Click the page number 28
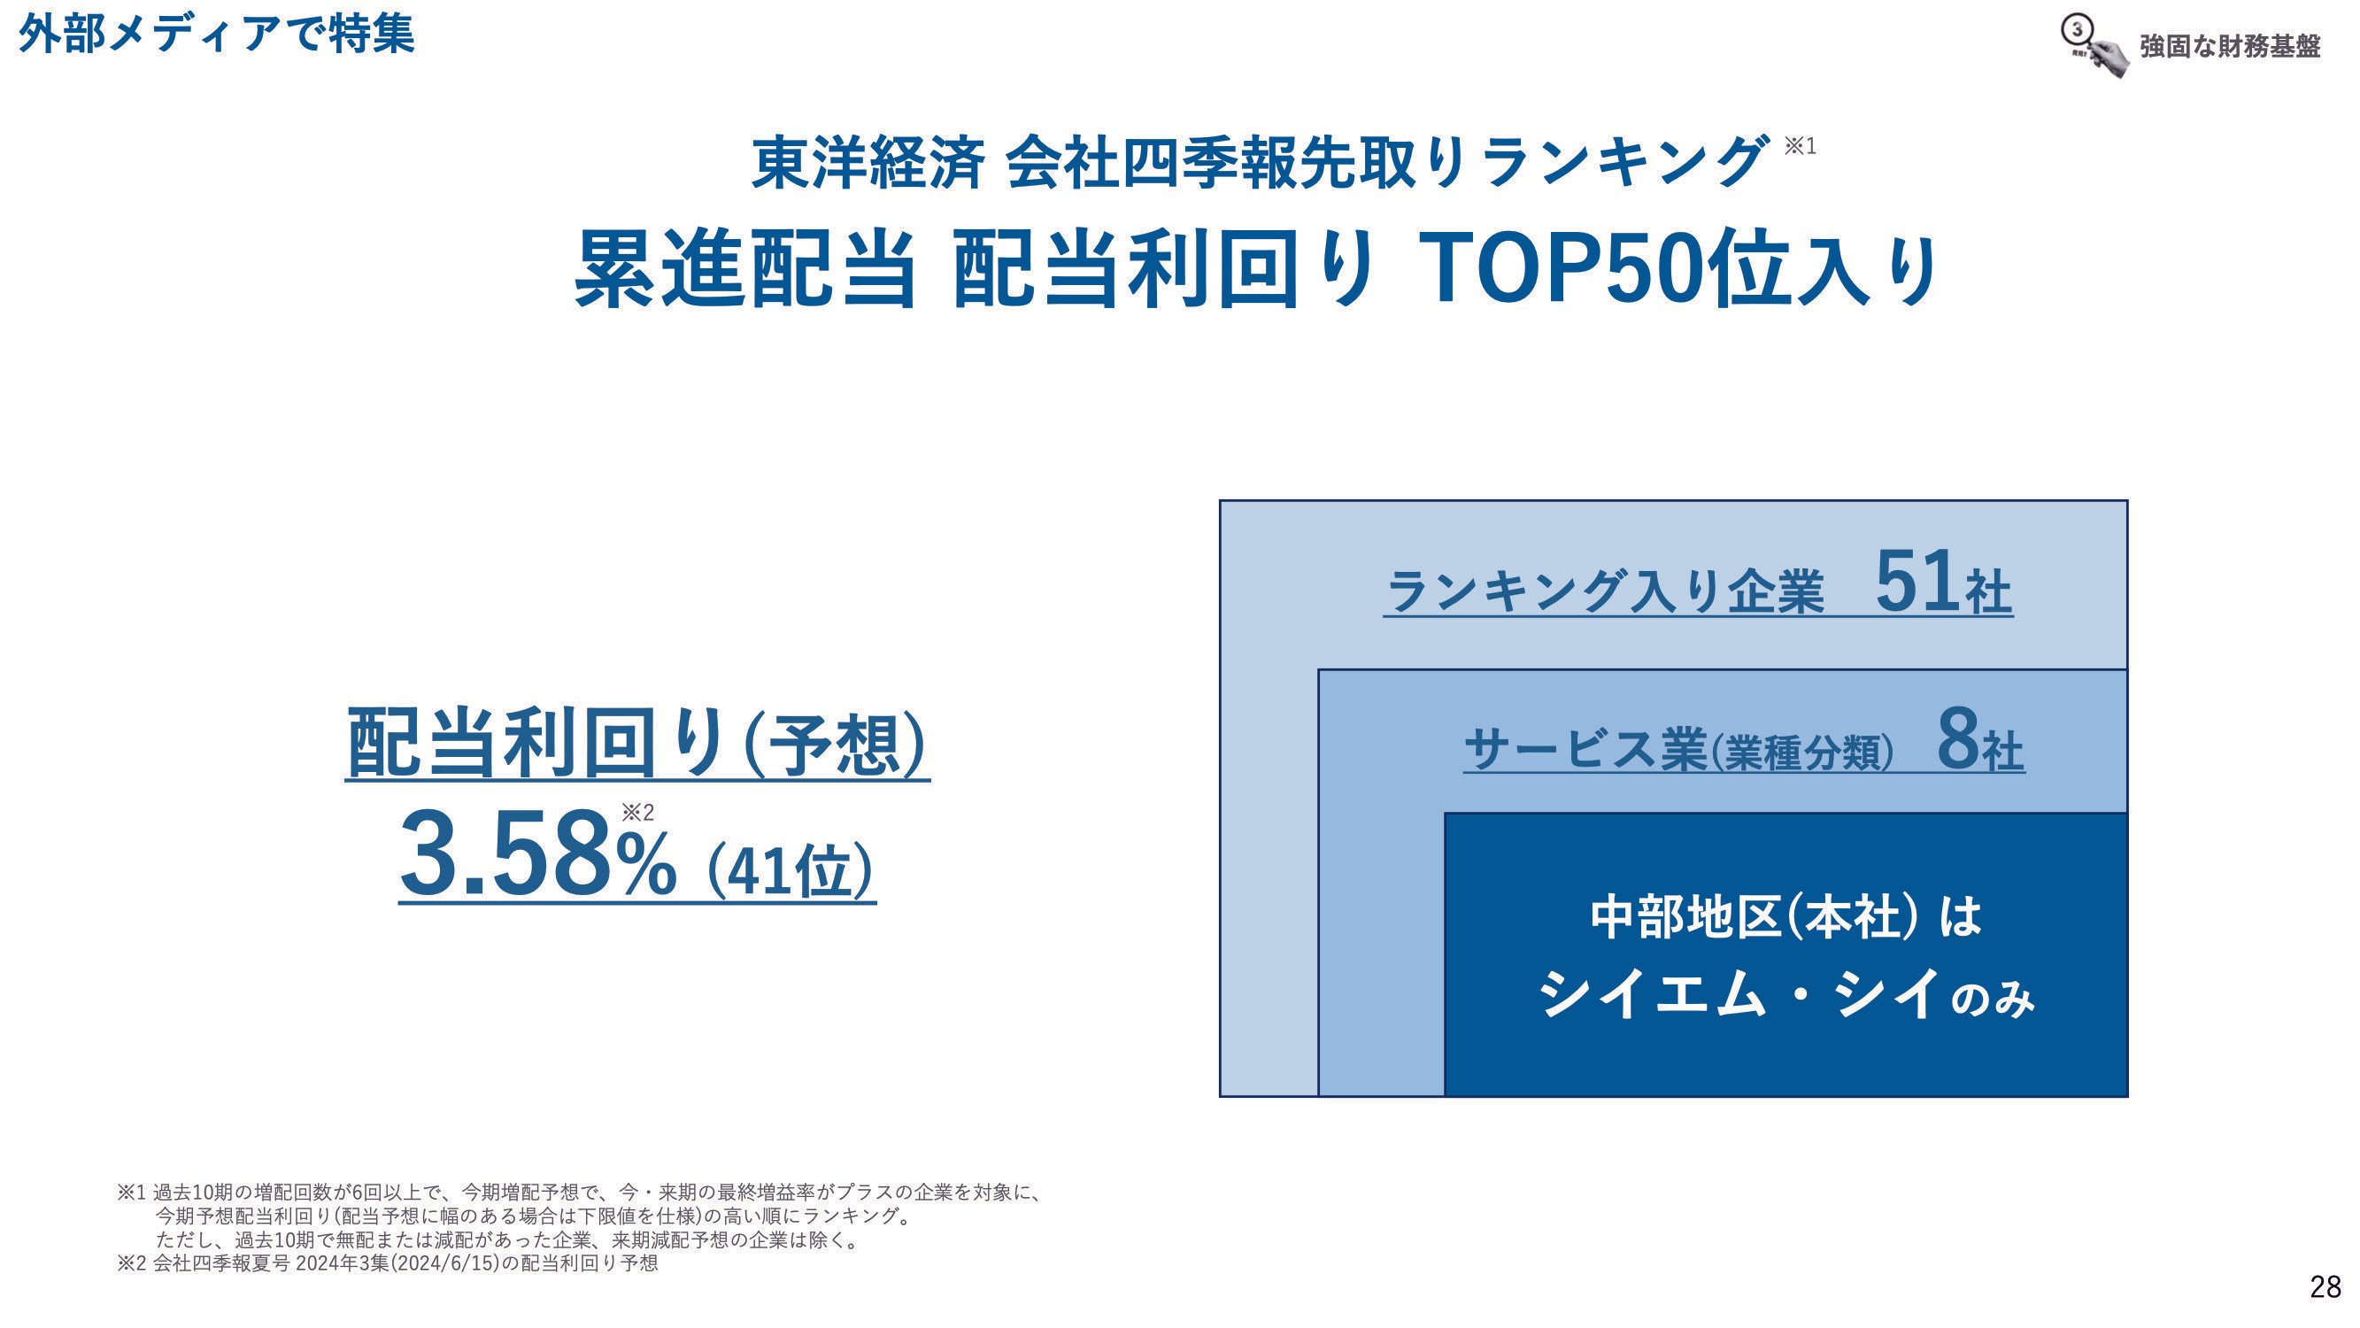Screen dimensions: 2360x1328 (x=2325, y=1286)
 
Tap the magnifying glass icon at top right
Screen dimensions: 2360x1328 (x=2094, y=46)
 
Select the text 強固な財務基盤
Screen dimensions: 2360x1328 (x=2229, y=46)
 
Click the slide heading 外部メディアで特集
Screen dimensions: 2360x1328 (x=216, y=34)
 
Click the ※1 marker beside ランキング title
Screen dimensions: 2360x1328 (x=1800, y=146)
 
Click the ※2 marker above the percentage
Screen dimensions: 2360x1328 (x=637, y=812)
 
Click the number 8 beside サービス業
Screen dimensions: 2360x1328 (x=1957, y=740)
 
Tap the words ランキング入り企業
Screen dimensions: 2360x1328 (x=1605, y=591)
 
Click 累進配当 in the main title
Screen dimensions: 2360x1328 (x=744, y=268)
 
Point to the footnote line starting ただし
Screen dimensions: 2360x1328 (x=509, y=1240)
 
